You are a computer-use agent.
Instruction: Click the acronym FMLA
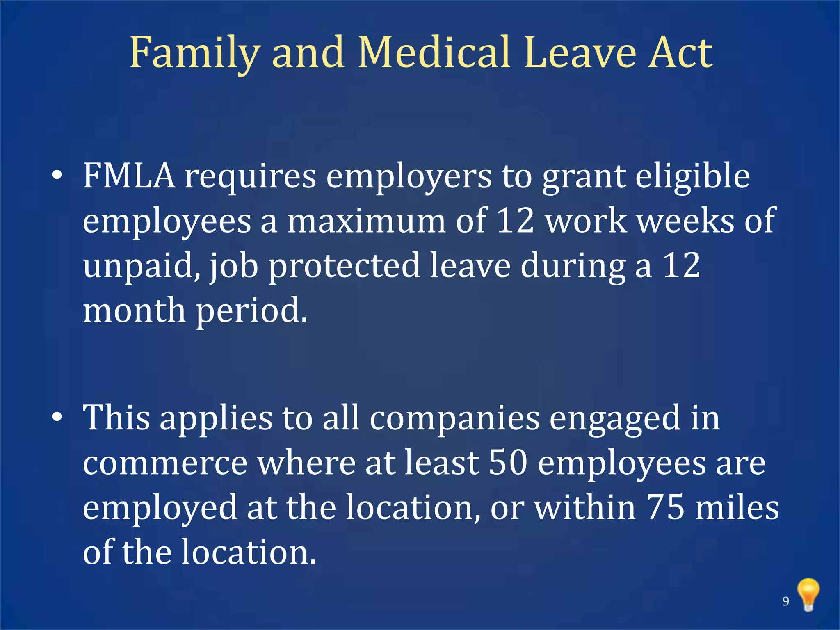(129, 176)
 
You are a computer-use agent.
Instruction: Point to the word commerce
(165, 463)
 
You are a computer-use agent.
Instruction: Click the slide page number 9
(786, 601)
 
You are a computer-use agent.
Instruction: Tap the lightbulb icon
(808, 595)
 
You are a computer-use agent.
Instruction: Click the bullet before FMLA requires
(57, 176)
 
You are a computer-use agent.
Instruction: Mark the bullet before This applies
(57, 418)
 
